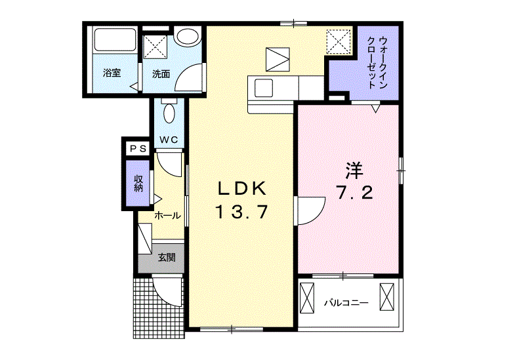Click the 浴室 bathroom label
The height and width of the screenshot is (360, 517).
click(112, 73)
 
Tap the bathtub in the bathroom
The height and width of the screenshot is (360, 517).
click(115, 39)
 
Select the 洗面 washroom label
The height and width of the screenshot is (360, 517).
click(161, 74)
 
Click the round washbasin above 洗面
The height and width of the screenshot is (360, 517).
click(187, 37)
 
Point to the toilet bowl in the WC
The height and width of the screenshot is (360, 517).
click(169, 113)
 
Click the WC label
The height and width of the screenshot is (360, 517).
click(169, 140)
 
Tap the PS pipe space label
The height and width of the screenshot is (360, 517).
click(138, 149)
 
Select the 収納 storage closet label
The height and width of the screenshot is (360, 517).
click(138, 184)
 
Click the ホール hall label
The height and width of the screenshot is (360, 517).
click(167, 216)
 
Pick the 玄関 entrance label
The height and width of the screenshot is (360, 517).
click(167, 257)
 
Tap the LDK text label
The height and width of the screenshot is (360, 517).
click(241, 189)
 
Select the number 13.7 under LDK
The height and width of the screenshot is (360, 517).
click(241, 212)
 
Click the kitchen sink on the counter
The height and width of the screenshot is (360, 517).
click(264, 88)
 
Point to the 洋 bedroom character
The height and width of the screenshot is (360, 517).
click(354, 170)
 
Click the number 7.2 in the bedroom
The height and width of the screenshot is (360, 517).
click(354, 193)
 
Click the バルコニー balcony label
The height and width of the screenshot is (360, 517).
click(346, 302)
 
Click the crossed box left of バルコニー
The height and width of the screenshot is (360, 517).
click(307, 298)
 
